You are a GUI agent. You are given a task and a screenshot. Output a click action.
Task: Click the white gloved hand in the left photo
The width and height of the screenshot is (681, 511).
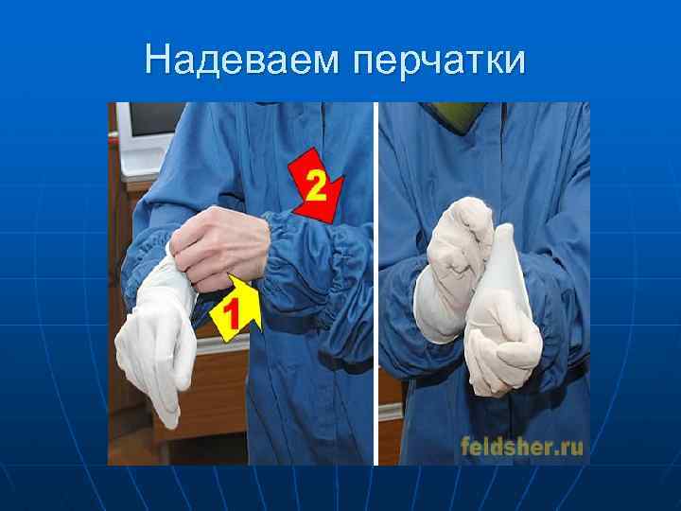click(x=156, y=341)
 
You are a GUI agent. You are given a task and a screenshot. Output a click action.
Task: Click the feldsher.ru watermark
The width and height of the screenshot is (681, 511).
click(x=522, y=446)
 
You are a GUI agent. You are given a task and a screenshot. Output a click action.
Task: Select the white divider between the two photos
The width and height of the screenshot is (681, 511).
click(x=376, y=284)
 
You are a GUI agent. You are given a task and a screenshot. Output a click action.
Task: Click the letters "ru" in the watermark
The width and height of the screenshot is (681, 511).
click(x=569, y=446)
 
